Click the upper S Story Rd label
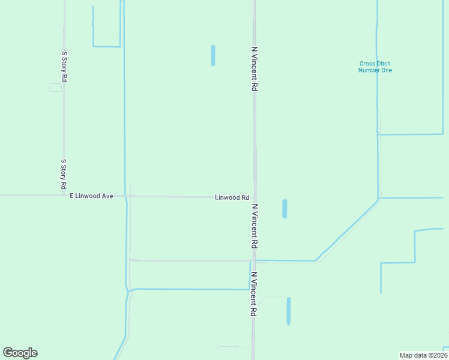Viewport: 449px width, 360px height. (x=64, y=67)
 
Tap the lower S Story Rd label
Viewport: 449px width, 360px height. (x=64, y=175)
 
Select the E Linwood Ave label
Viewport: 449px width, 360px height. (x=91, y=196)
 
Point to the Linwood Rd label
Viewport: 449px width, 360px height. (x=232, y=197)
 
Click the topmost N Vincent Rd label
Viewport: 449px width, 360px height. (x=255, y=68)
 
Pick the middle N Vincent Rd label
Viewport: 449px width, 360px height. (x=255, y=226)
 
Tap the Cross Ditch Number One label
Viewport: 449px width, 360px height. (x=375, y=67)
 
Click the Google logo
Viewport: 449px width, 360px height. (x=20, y=353)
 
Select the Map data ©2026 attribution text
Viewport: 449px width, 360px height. (x=423, y=355)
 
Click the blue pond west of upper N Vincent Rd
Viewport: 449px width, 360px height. (x=213, y=55)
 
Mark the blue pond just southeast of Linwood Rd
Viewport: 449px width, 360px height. (x=285, y=209)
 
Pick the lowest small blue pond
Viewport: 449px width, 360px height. (x=289, y=311)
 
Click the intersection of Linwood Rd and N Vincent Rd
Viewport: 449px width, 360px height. (x=255, y=197)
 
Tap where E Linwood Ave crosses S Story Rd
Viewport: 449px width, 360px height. (x=64, y=195)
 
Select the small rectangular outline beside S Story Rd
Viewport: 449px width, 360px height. (x=55, y=88)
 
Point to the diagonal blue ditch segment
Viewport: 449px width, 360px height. (x=347, y=230)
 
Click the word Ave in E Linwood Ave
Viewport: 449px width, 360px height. (x=107, y=196)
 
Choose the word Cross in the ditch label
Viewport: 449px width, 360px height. (x=367, y=64)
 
